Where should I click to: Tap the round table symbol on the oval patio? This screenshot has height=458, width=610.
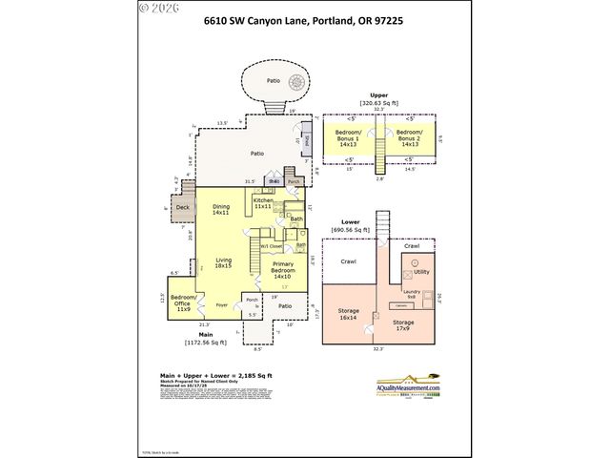pyautogui.click(x=274, y=83)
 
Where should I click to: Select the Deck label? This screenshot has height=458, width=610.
pyautogui.click(x=182, y=206)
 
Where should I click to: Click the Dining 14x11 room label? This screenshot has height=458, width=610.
pyautogui.click(x=221, y=210)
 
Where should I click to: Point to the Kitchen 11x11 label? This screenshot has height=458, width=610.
pyautogui.click(x=263, y=203)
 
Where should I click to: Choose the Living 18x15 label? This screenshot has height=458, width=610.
pyautogui.click(x=224, y=263)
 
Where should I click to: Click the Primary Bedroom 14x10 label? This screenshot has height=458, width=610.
pyautogui.click(x=283, y=273)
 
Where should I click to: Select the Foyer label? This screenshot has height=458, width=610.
pyautogui.click(x=221, y=304)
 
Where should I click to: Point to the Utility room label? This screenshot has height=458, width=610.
pyautogui.click(x=421, y=272)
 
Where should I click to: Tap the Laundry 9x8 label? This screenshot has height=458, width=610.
pyautogui.click(x=412, y=294)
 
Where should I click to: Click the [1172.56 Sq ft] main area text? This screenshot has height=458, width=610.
pyautogui.click(x=205, y=342)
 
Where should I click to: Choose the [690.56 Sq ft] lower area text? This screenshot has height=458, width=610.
pyautogui.click(x=377, y=230)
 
